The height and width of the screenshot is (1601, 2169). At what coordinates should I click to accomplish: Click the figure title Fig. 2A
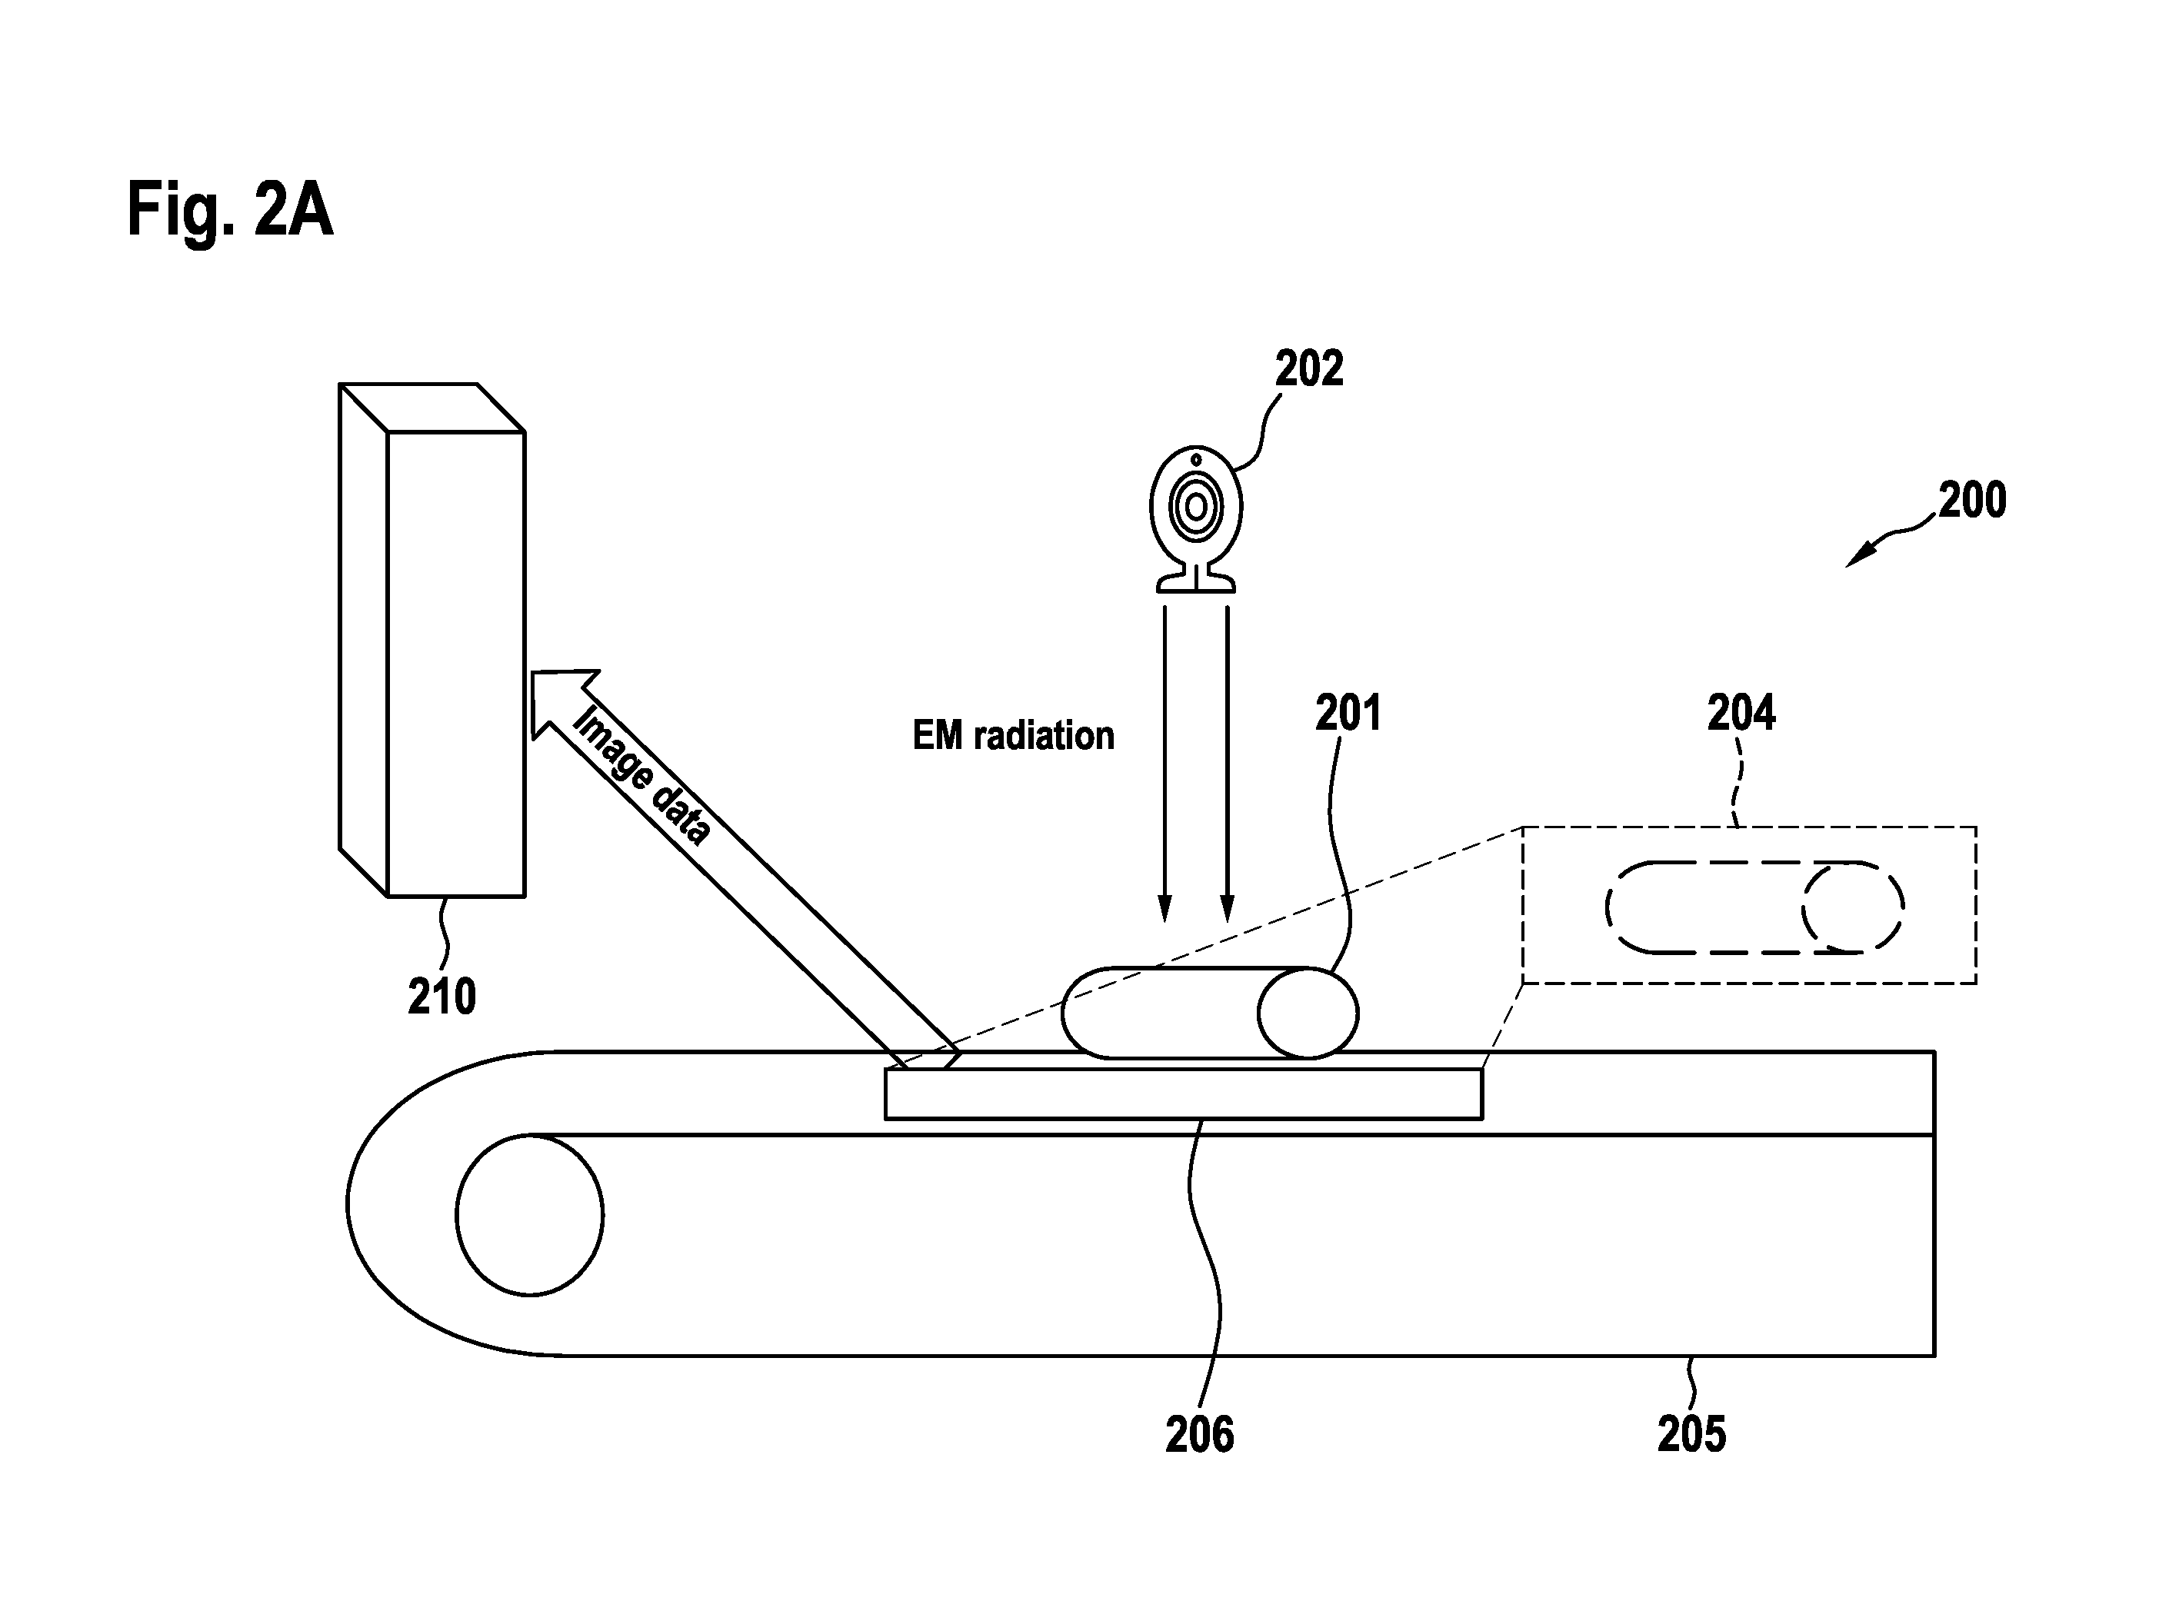230,210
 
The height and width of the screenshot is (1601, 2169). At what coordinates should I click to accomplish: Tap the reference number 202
1308,369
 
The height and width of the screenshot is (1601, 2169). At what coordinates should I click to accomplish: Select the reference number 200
1971,500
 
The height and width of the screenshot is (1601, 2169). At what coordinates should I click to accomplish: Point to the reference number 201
1347,714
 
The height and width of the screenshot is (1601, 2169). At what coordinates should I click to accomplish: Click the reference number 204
1741,714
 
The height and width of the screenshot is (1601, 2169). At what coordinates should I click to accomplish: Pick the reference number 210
442,997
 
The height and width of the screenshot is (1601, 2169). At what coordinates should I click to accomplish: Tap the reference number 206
1200,1435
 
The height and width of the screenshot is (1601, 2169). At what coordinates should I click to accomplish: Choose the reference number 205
1692,1435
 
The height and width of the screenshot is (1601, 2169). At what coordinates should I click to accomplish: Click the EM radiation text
1014,736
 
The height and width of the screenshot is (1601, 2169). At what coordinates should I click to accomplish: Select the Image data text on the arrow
641,774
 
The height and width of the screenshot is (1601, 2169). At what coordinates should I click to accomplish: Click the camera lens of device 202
1196,506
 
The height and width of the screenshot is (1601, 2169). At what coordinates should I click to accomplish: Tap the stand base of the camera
1196,582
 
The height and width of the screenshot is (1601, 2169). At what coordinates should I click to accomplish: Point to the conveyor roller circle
529,1214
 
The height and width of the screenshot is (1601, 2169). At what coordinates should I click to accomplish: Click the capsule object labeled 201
1210,1013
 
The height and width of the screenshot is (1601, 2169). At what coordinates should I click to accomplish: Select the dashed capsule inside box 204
1754,907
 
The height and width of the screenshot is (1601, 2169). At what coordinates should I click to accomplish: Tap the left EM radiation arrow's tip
1165,922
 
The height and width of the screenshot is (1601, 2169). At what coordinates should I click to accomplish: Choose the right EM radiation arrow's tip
1227,922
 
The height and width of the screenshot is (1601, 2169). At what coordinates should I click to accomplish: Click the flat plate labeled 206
1184,1093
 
